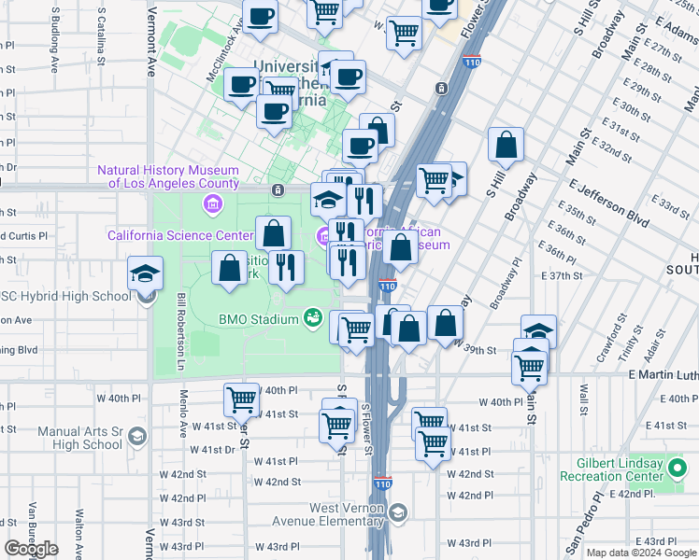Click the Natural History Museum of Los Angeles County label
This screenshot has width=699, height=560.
click(168, 176)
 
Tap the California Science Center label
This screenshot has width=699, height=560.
click(180, 235)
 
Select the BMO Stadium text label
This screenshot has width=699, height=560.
click(259, 319)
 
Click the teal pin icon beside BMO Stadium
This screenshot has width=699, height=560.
click(313, 319)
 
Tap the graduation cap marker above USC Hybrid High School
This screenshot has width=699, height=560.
click(145, 273)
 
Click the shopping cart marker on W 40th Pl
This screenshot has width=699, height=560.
click(241, 399)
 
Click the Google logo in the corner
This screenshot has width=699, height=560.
click(31, 549)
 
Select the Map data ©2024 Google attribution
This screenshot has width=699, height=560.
click(641, 553)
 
